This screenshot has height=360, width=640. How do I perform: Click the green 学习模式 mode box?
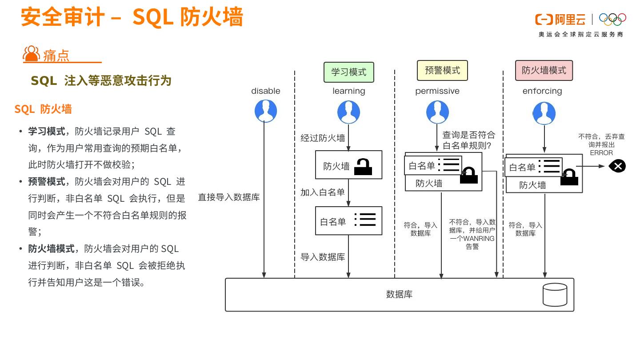tap(348, 72)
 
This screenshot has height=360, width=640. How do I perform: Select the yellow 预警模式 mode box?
tap(442, 70)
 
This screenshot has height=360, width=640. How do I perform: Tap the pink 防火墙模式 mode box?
tap(544, 70)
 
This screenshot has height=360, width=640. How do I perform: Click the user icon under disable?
tap(266, 111)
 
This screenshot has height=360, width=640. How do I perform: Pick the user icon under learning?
tap(348, 112)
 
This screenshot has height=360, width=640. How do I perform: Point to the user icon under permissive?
tap(437, 112)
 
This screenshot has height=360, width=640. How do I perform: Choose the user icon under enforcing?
tap(544, 113)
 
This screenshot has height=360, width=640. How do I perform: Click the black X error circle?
tap(617, 166)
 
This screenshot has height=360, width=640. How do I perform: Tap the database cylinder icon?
tap(555, 294)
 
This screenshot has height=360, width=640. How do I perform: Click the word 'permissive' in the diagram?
tap(437, 91)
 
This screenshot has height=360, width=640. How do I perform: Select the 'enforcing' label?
tap(542, 91)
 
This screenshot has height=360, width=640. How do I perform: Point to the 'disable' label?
tap(266, 91)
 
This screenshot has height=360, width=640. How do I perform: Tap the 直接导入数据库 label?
tap(229, 197)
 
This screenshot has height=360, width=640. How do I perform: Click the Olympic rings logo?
tap(612, 19)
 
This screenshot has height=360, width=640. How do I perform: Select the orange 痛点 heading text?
tap(56, 56)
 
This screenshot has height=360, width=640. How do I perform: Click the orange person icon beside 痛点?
tap(31, 54)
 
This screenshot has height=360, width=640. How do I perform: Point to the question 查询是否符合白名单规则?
tap(468, 140)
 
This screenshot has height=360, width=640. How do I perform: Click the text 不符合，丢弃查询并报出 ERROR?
tap(601, 144)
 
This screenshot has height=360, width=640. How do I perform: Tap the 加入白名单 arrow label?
tap(323, 192)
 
